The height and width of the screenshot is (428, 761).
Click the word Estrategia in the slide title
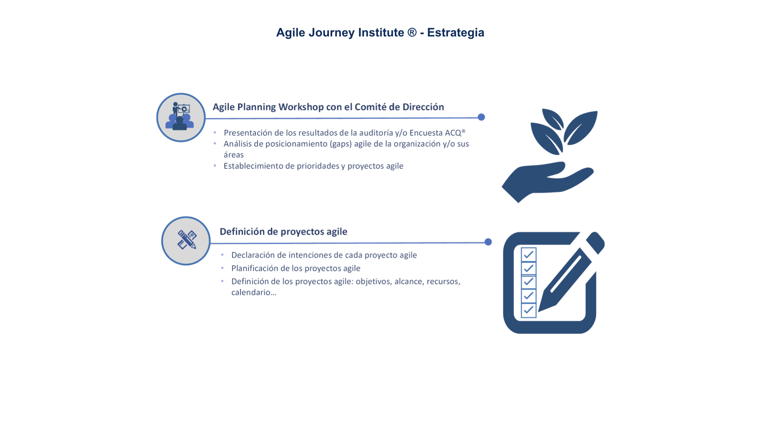[455, 32]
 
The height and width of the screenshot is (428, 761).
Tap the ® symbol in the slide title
[412, 32]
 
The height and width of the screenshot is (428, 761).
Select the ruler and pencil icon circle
[186, 241]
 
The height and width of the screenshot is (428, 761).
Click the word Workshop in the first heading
[301, 107]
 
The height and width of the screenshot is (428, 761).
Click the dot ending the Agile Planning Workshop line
[481, 117]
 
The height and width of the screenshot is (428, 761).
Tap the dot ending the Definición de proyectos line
[488, 242]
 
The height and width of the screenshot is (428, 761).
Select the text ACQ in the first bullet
[453, 133]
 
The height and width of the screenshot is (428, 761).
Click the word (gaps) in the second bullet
[341, 144]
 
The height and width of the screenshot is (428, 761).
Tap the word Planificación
[255, 268]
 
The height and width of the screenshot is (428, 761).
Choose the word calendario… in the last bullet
[254, 292]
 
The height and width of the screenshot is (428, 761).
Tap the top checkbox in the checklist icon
[529, 254]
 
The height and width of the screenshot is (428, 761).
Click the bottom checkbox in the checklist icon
[529, 310]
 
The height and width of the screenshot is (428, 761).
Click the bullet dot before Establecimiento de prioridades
[215, 166]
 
